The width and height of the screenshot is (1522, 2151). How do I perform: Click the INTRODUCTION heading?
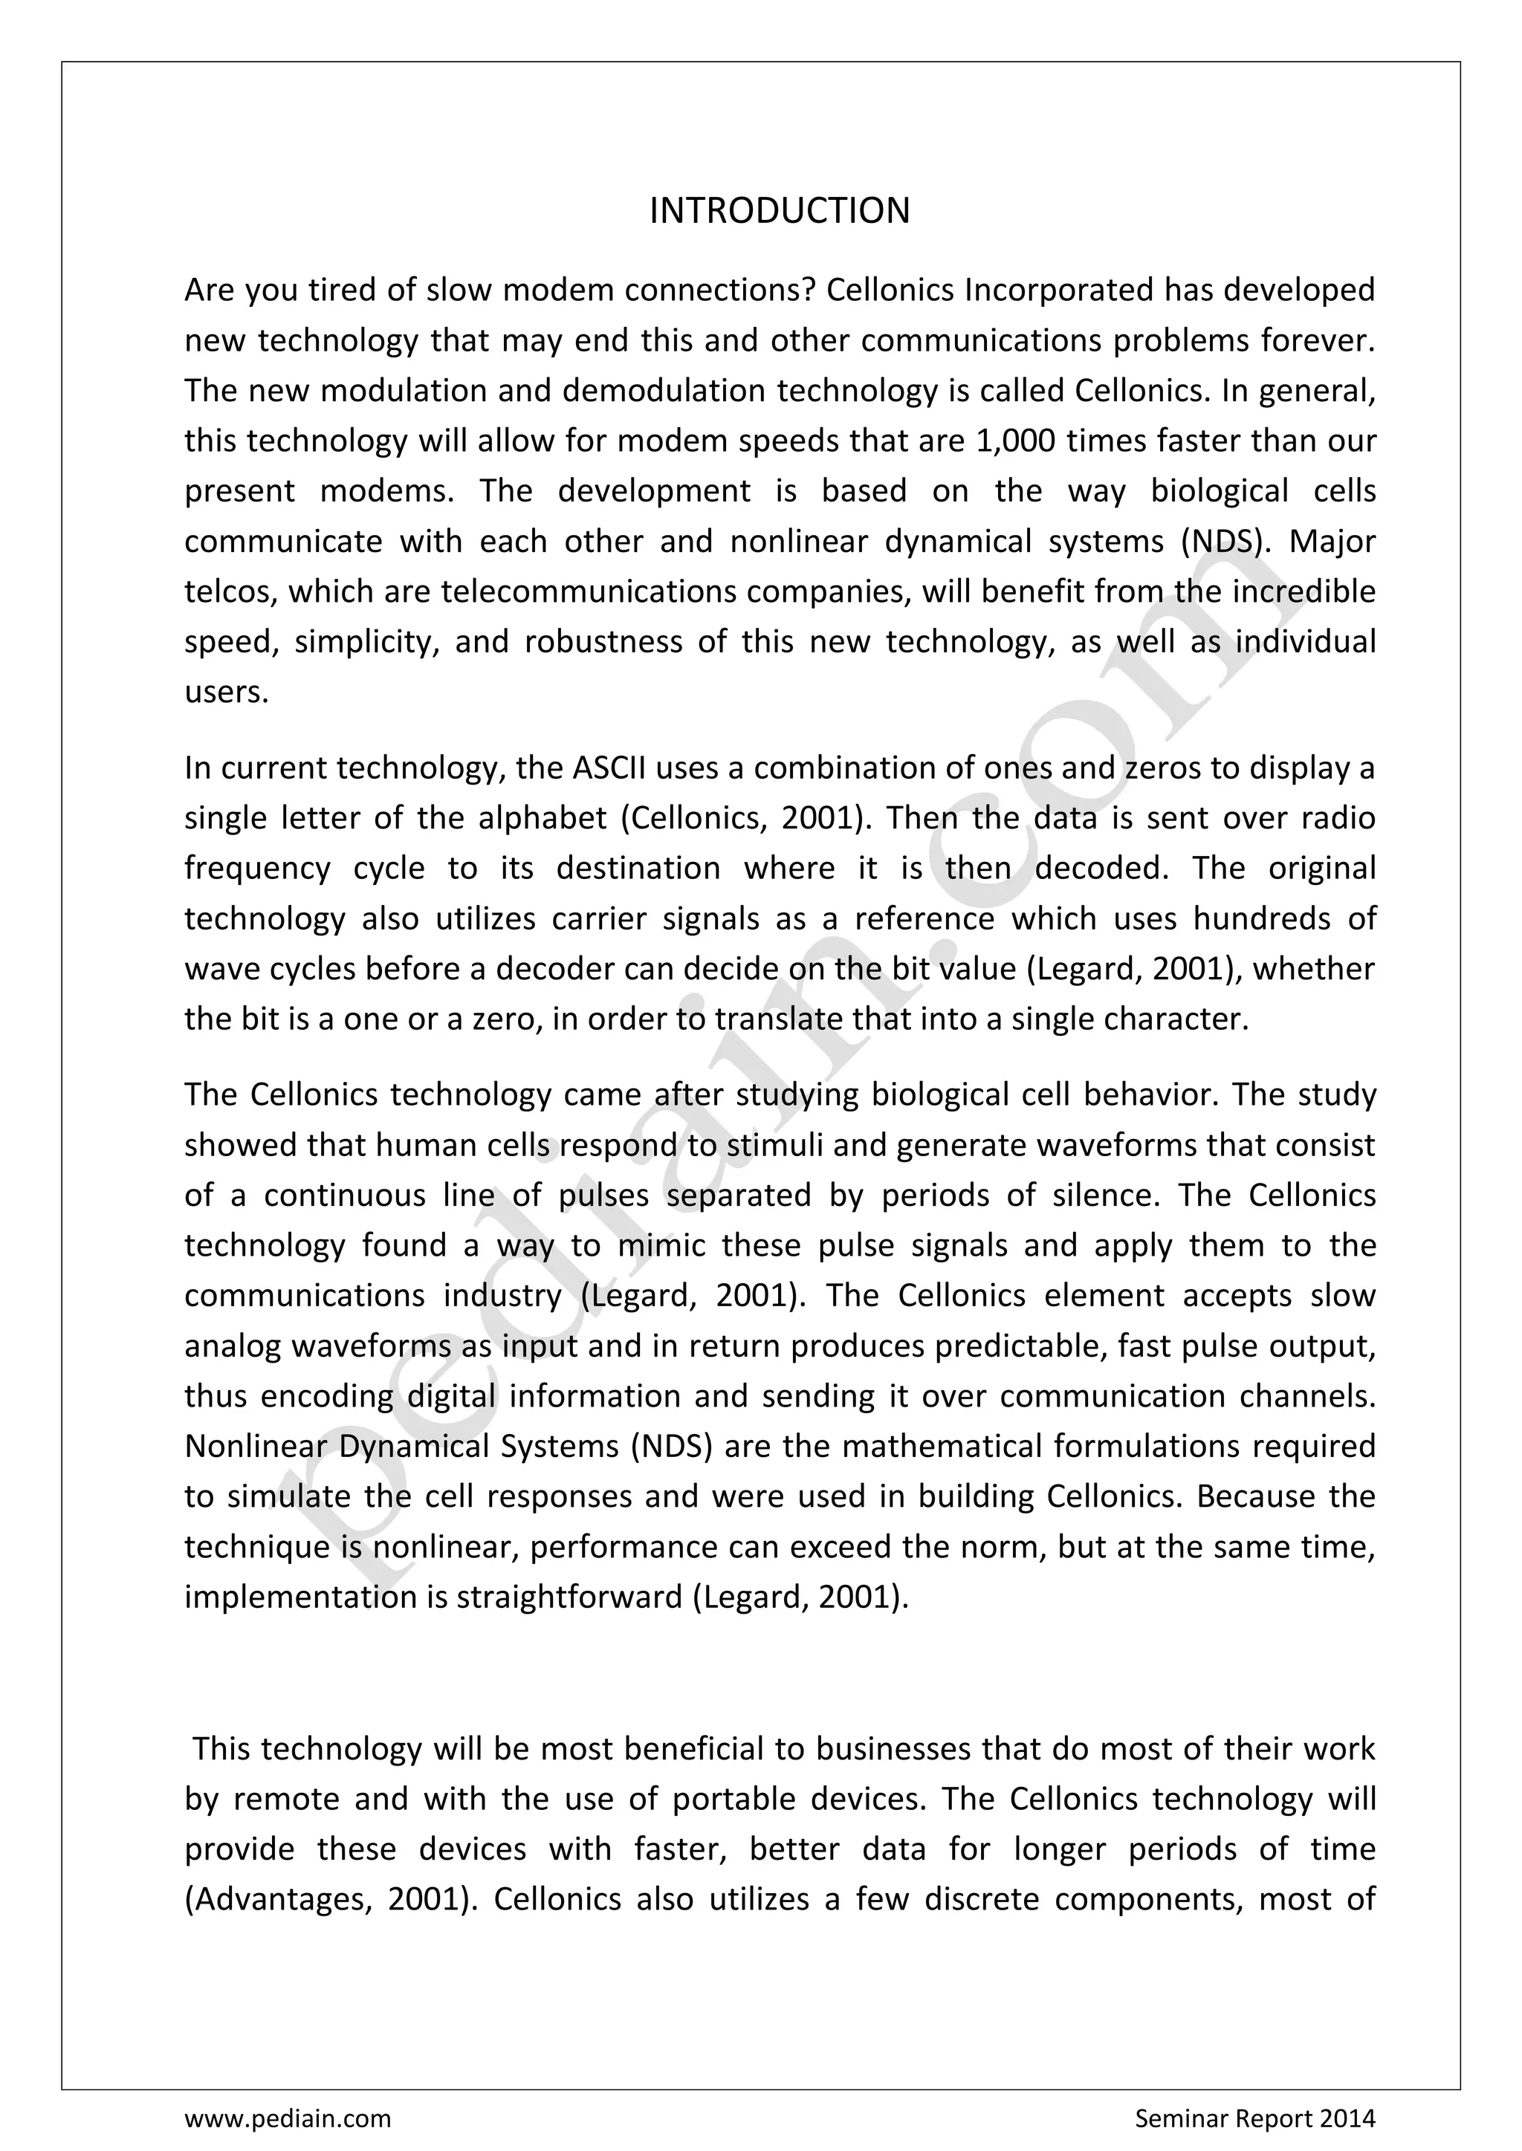pos(779,211)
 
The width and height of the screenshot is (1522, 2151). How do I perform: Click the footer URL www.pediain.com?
pos(288,2118)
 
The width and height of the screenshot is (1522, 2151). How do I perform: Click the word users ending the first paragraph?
pos(226,692)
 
